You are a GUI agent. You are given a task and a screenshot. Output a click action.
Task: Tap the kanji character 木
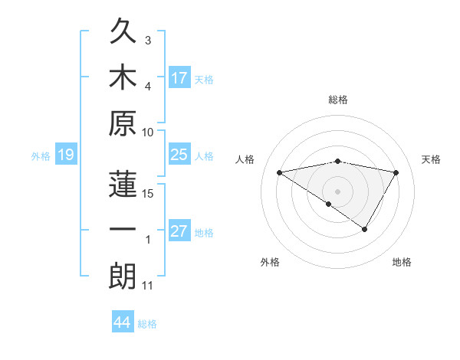pos(123,77)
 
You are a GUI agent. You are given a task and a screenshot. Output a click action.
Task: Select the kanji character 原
pos(123,123)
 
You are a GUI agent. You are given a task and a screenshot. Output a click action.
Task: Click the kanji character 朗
pos(123,277)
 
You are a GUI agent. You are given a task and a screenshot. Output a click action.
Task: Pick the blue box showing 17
pos(179,77)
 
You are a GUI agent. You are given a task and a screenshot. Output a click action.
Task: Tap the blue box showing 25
pos(179,155)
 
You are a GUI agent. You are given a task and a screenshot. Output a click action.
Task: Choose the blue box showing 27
pos(179,232)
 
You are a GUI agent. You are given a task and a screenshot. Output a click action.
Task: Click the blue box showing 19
pos(65,155)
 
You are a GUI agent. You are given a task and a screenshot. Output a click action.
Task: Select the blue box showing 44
pos(122,322)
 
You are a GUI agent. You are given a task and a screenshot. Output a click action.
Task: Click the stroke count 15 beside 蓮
pos(148,193)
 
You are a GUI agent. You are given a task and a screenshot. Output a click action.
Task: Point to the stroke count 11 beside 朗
pos(148,286)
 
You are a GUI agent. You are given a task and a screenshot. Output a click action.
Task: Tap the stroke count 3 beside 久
pos(148,40)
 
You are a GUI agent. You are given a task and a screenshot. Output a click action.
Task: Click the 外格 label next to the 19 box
pos(41,156)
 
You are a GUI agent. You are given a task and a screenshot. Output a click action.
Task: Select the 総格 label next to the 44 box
pos(147,324)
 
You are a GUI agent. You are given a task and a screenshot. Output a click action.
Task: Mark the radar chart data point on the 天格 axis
pos(396,172)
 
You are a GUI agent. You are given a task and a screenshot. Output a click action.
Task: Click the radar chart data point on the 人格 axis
pos(279,172)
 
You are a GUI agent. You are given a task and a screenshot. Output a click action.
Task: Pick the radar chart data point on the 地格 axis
pos(365,229)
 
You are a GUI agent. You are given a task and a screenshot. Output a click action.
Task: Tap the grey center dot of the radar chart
pos(337,191)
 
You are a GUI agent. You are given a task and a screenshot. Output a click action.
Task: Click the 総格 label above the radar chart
pos(337,100)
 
